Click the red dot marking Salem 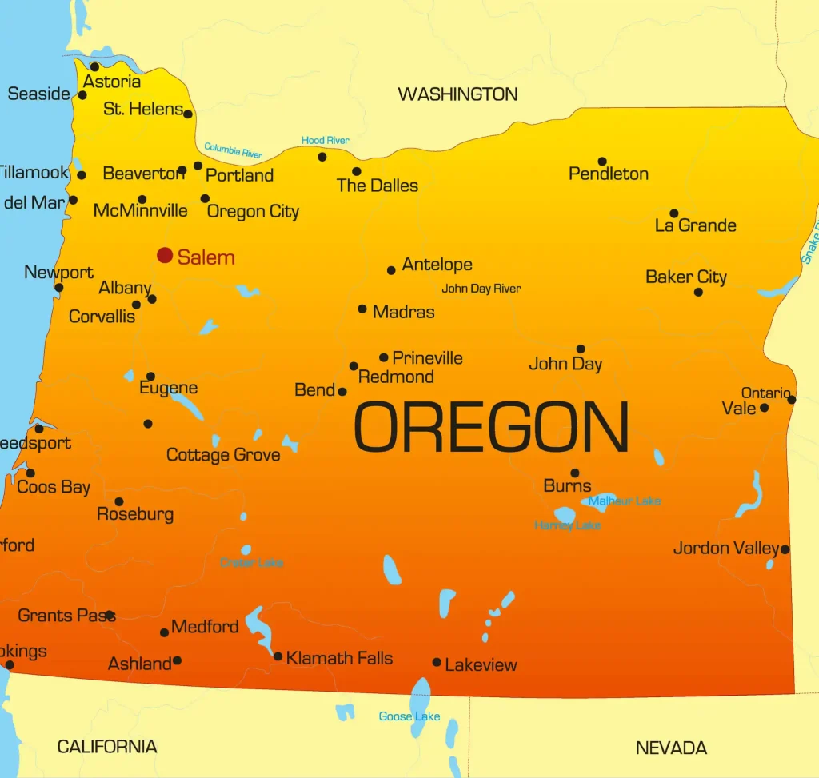165,255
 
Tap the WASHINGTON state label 457,94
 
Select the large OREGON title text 491,428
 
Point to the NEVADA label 671,748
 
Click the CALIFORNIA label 107,747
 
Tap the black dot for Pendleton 602,162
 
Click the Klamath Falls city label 339,658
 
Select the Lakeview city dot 437,662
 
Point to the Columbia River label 234,150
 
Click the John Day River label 481,289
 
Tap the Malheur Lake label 625,501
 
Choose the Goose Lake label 409,716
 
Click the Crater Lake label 252,563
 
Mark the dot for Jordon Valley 785,549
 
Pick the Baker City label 686,277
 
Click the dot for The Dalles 356,171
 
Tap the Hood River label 325,141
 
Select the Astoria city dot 94,66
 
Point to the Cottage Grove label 223,455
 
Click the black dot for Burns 574,473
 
